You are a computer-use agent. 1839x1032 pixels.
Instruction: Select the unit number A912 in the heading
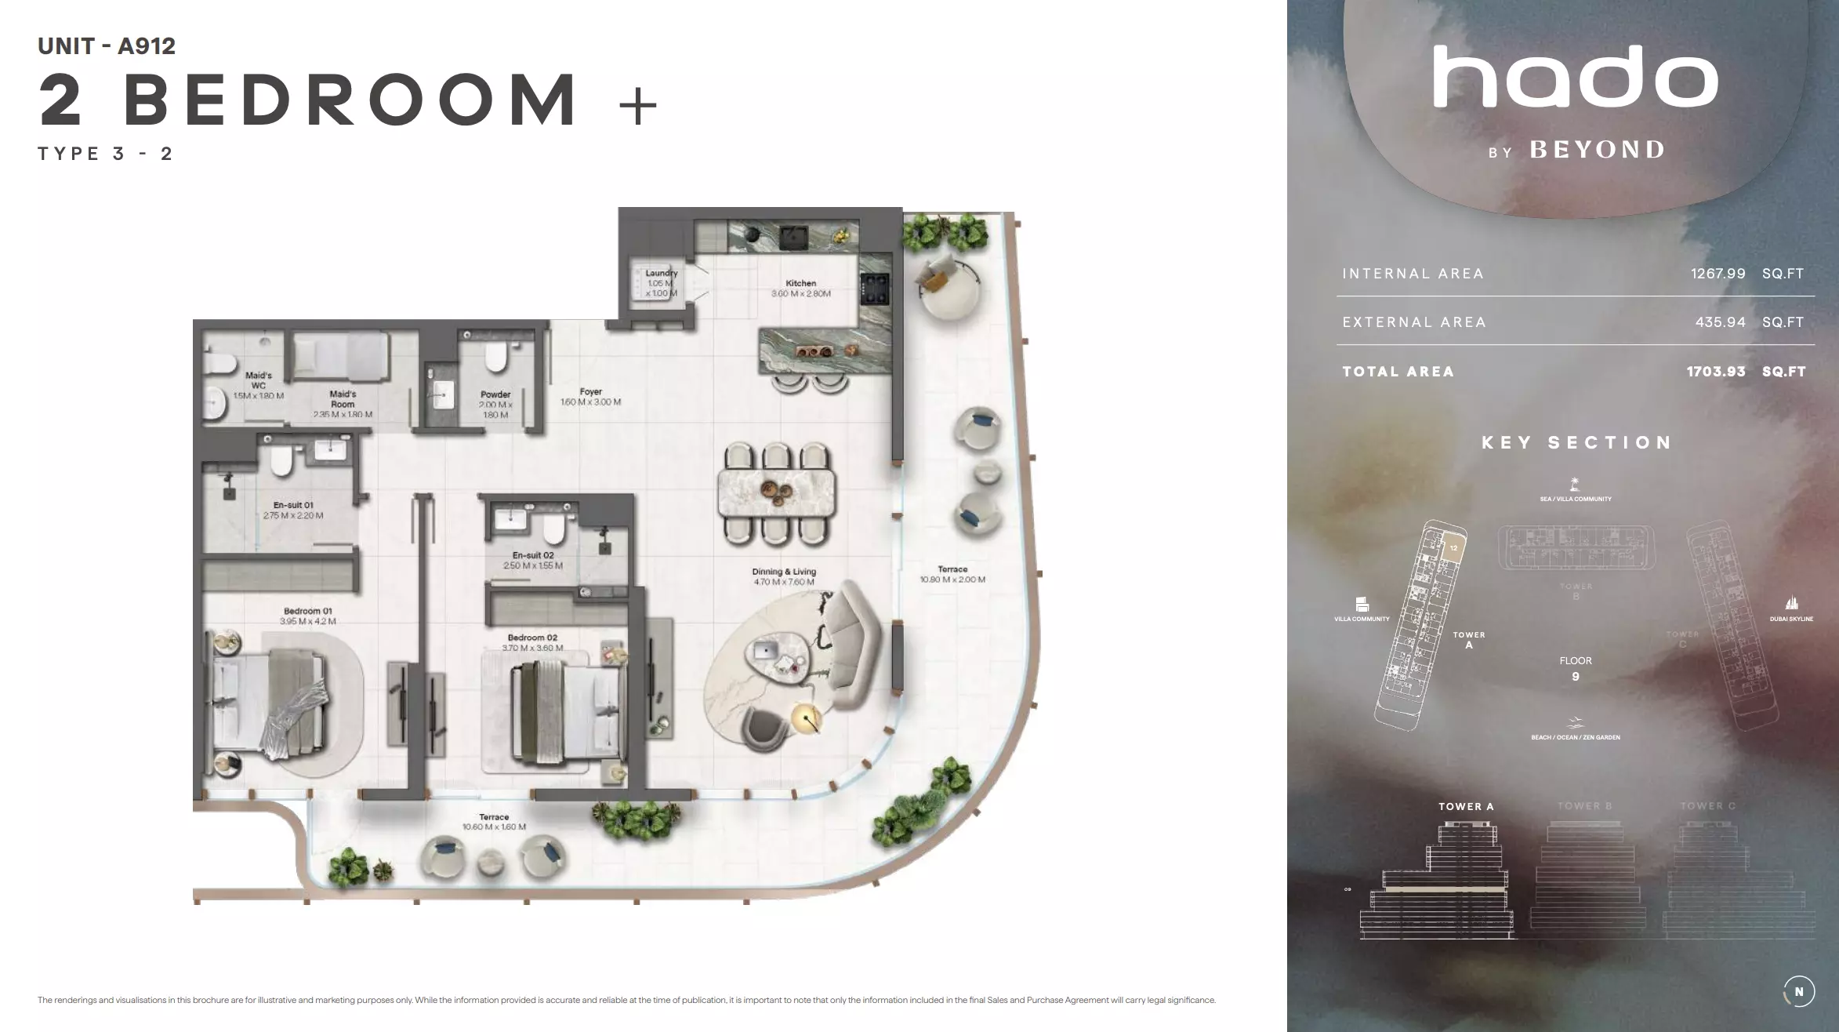147,46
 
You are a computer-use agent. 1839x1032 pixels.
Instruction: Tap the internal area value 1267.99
1717,274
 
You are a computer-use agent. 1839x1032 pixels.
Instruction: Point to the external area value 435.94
1720,322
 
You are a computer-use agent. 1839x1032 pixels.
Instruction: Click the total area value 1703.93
1716,372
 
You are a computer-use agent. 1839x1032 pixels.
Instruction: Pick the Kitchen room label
800,284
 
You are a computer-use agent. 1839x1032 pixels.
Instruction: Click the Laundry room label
661,274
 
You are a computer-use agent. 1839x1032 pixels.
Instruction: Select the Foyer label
590,392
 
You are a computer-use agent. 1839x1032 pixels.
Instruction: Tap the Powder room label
495,395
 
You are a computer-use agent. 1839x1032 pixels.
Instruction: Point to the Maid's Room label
343,394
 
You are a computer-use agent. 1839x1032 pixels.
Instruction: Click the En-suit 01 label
293,506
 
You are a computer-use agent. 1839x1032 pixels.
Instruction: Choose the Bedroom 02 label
531,638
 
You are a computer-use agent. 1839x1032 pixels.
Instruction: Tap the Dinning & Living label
784,572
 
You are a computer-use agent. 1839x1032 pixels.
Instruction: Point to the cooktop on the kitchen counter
874,287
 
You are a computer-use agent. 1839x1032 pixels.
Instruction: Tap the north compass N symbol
1798,992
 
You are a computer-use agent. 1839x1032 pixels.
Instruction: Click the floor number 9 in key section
1576,677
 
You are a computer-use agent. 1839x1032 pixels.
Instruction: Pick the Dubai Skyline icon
1791,603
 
